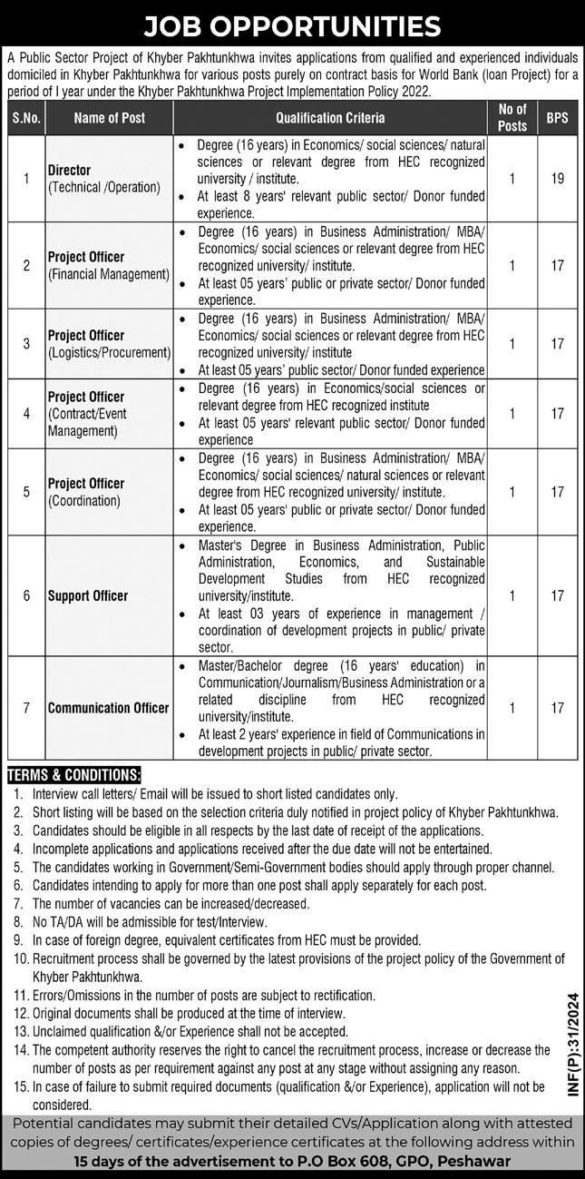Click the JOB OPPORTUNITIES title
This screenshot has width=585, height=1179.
(x=292, y=25)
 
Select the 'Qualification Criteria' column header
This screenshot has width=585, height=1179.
(x=330, y=118)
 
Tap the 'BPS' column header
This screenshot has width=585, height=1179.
(x=557, y=118)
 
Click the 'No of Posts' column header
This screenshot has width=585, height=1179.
(x=512, y=118)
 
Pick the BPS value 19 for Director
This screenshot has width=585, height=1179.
(x=557, y=179)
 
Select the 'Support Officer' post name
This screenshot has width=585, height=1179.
(x=88, y=596)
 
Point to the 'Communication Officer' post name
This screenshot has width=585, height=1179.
(x=109, y=708)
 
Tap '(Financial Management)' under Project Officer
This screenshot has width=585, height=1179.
(x=109, y=273)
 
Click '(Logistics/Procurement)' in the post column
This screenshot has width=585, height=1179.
(x=110, y=352)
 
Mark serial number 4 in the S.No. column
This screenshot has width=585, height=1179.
(x=26, y=413)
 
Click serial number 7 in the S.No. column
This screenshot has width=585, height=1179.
(x=26, y=708)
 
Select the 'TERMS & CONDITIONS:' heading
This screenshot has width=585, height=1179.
(x=74, y=775)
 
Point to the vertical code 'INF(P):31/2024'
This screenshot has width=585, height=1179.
(x=570, y=1046)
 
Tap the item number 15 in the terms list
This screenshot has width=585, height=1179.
(x=19, y=1086)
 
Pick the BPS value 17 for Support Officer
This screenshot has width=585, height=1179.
(x=557, y=596)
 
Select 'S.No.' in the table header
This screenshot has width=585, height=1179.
(x=26, y=118)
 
